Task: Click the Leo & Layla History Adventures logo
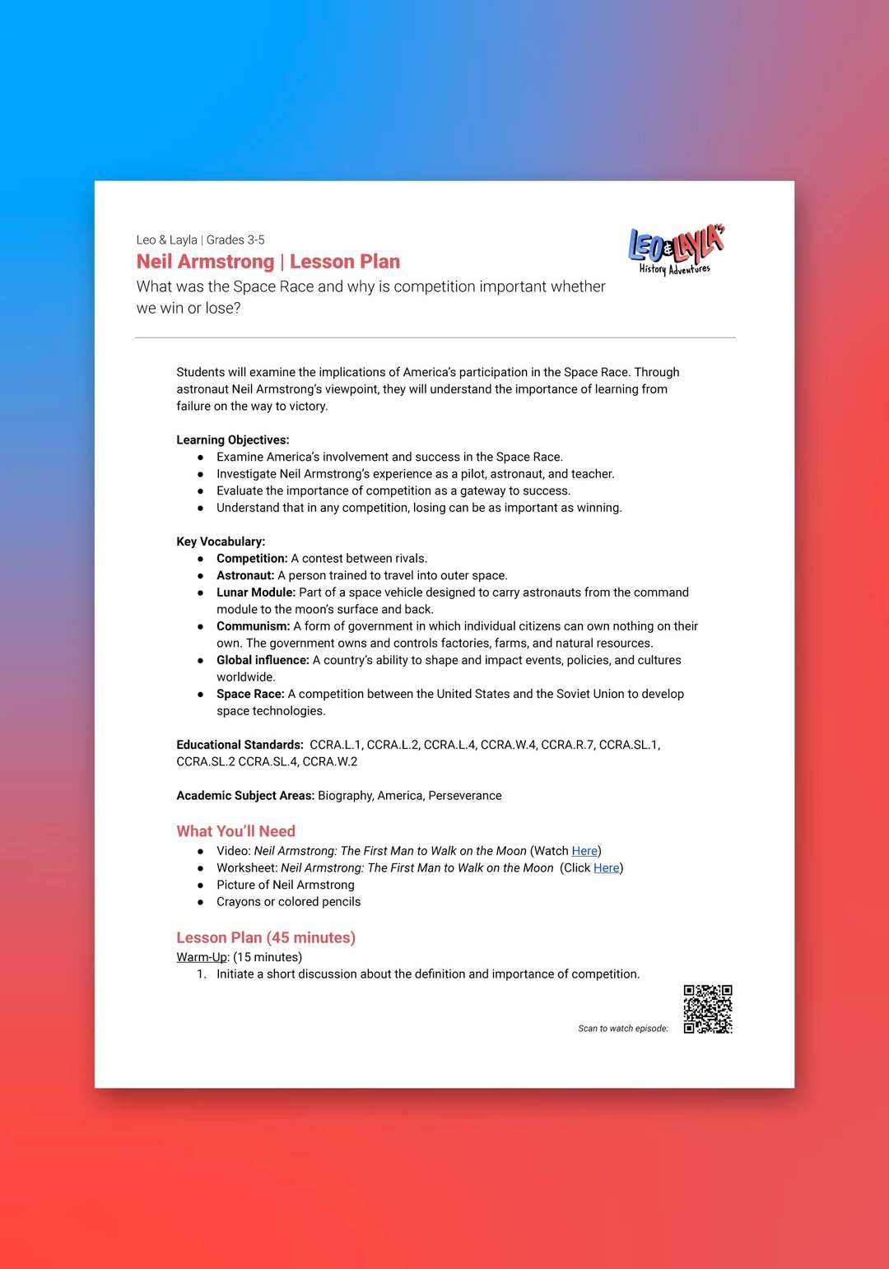tap(676, 249)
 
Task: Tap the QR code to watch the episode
tap(708, 1008)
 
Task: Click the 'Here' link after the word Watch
tap(584, 851)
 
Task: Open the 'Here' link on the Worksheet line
tap(606, 868)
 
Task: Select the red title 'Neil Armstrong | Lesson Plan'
tap(268, 262)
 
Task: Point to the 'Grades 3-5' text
tap(235, 240)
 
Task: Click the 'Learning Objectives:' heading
tap(233, 440)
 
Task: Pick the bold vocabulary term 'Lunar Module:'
tap(255, 593)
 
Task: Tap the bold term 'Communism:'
tap(253, 626)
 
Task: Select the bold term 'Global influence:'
tap(263, 660)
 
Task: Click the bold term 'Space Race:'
tap(250, 694)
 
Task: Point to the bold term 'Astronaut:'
tap(245, 575)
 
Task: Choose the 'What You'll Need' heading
tap(235, 831)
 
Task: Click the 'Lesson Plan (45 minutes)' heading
tap(266, 937)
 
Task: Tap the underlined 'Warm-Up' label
tap(202, 957)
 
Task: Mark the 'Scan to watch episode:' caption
tap(623, 1029)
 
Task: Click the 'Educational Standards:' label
tap(240, 745)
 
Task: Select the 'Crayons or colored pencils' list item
tap(288, 902)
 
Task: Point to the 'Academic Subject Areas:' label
tap(245, 796)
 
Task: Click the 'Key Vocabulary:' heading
tap(221, 542)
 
